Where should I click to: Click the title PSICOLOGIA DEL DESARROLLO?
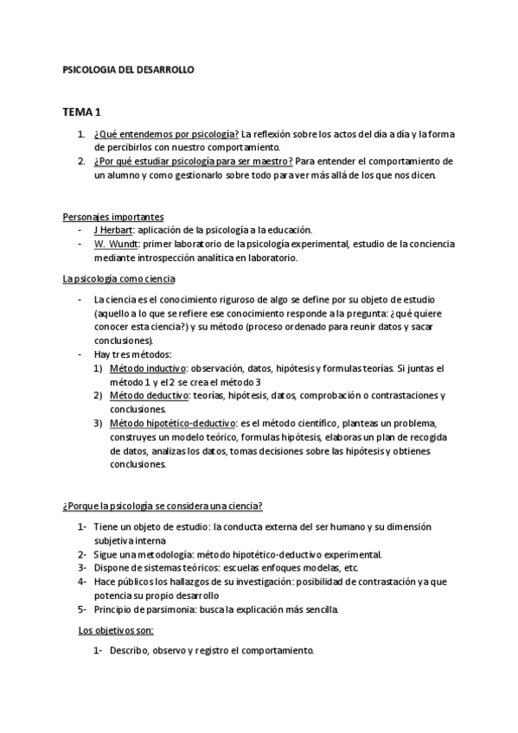129,68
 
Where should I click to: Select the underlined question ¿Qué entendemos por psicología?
167,134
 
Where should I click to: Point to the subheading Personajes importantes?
113,216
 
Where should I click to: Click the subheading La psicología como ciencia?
119,278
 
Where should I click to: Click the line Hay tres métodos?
133,354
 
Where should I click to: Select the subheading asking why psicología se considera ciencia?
163,506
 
